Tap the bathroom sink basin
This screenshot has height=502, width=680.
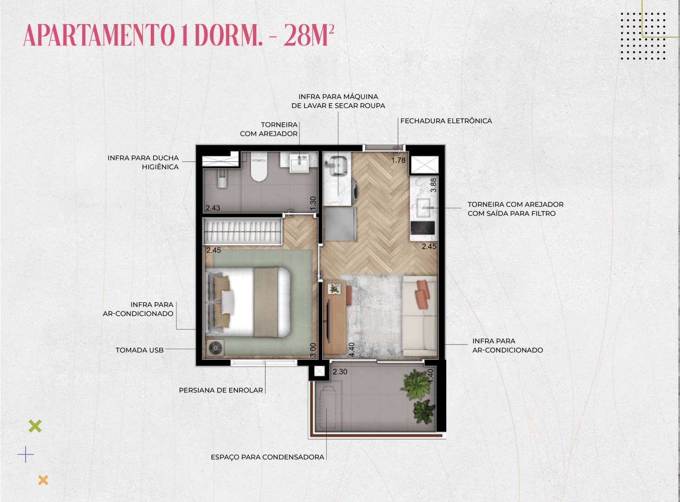click(299, 163)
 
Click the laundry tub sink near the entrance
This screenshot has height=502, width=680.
click(338, 166)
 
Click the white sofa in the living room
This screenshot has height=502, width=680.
click(420, 316)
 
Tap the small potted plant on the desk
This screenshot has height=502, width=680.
click(335, 288)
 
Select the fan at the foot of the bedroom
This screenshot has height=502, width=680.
click(215, 348)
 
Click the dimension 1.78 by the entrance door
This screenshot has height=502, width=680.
click(398, 160)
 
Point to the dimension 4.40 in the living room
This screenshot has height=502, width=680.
click(351, 350)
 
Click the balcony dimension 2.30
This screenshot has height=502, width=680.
click(340, 371)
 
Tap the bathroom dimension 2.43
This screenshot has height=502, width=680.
click(213, 208)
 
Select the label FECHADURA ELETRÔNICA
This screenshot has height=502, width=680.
click(446, 121)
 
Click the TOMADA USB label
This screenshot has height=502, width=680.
click(140, 350)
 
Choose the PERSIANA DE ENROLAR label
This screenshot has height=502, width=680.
click(220, 390)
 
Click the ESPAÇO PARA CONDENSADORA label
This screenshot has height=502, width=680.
click(267, 457)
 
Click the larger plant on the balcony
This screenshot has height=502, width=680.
click(415, 384)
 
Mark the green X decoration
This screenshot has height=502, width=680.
click(35, 426)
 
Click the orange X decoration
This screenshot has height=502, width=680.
click(43, 480)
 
